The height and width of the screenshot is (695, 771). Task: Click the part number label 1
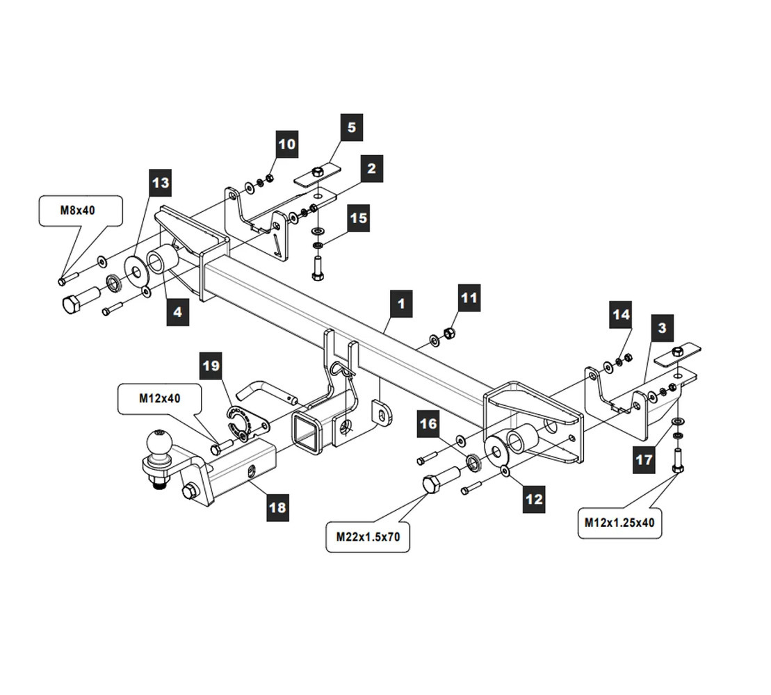(401, 304)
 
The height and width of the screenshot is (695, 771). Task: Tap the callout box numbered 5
(352, 127)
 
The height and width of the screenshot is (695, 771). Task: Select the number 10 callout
(287, 144)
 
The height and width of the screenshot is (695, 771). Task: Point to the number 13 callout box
(161, 183)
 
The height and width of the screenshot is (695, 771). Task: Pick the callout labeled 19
(211, 365)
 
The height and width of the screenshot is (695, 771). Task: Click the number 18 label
(277, 507)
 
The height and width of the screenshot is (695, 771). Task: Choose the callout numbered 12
(534, 500)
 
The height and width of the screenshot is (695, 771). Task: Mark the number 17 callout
(644, 459)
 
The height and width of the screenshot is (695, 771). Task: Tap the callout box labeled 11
(469, 298)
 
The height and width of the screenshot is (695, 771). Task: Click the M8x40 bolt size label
(81, 211)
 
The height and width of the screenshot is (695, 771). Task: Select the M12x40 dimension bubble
(160, 399)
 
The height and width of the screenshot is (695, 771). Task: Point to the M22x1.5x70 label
(368, 537)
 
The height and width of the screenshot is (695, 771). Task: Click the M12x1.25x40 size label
(619, 523)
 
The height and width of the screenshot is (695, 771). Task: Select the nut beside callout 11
(448, 333)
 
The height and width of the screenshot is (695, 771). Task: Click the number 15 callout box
(359, 218)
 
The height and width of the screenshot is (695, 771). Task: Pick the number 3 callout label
(663, 328)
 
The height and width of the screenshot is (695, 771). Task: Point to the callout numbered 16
(428, 424)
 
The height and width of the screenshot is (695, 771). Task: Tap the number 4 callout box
(177, 311)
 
